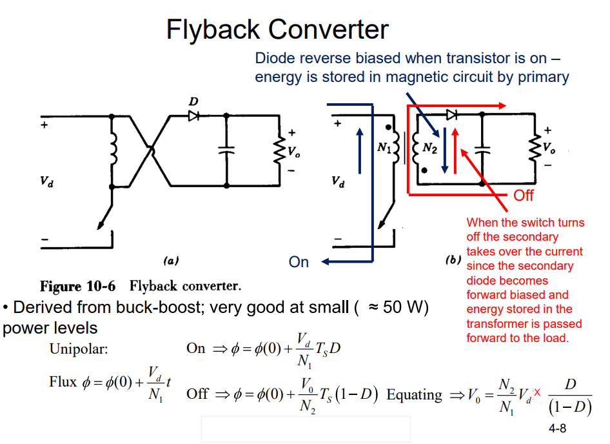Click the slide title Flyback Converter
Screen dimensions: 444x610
(277, 30)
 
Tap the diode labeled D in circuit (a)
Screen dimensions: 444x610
(193, 116)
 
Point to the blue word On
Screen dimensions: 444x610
(299, 262)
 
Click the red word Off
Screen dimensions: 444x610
(524, 196)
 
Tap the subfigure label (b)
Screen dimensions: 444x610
(453, 261)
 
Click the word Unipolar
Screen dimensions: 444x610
(79, 349)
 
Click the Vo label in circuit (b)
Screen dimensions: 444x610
(549, 148)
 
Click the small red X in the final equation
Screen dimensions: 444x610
(536, 392)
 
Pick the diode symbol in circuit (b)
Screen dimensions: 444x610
(452, 115)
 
